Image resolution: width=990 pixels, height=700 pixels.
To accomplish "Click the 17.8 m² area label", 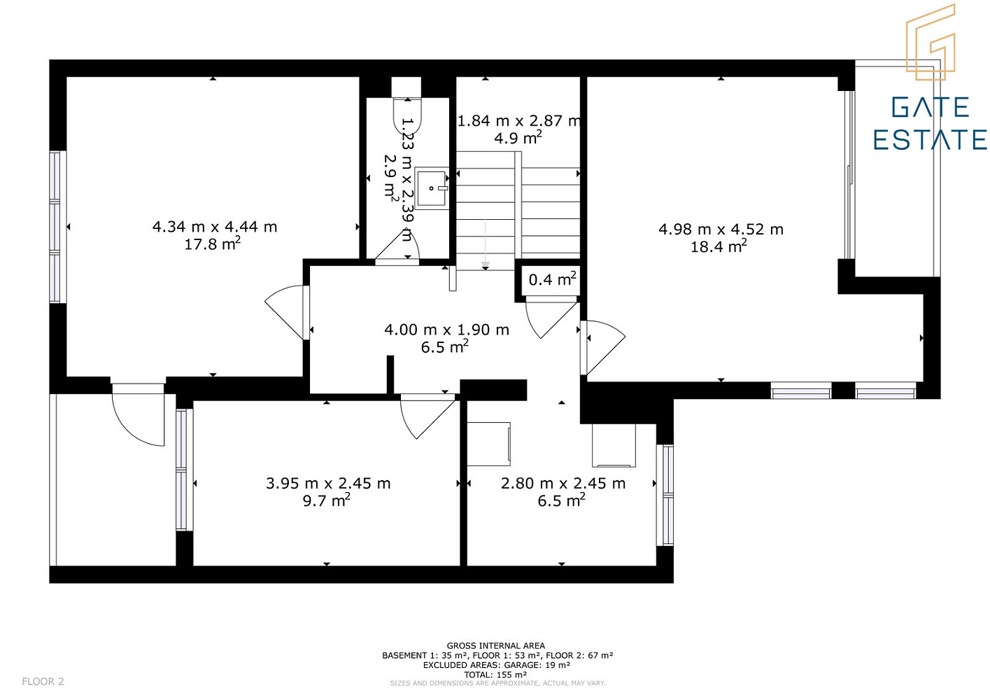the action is [x=213, y=244].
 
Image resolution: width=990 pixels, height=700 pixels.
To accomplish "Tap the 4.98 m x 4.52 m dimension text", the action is [x=721, y=229].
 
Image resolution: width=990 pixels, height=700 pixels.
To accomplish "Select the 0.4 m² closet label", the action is [x=553, y=279].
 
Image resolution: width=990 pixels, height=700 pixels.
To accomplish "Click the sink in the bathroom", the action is [x=432, y=188].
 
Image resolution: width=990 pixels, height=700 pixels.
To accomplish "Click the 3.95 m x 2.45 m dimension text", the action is [x=328, y=483].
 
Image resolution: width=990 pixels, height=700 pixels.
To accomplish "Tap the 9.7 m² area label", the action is [x=327, y=500].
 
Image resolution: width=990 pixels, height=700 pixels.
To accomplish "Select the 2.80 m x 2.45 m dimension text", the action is [x=563, y=483].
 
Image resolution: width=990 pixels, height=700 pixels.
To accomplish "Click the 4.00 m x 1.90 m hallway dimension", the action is [x=446, y=330].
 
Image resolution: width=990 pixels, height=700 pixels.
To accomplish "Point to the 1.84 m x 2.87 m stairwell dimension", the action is [x=518, y=120].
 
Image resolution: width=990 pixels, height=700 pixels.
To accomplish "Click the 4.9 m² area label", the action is [x=518, y=138].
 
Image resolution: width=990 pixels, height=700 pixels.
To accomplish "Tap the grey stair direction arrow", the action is [x=486, y=243].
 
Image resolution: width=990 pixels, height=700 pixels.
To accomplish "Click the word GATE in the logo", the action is [x=931, y=108].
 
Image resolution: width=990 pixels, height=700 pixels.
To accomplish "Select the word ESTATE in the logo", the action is [x=930, y=139].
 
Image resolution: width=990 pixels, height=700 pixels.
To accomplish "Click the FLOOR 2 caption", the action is [x=43, y=681].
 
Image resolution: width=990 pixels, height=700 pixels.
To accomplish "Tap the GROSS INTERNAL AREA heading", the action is [x=495, y=645].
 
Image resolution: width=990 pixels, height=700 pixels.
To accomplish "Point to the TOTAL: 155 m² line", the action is [x=495, y=674].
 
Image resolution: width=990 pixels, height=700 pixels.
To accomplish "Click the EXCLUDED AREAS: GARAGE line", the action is [x=496, y=664].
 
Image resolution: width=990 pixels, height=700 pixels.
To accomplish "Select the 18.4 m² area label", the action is [x=719, y=246].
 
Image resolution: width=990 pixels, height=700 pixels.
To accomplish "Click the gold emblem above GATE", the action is [x=931, y=42].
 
